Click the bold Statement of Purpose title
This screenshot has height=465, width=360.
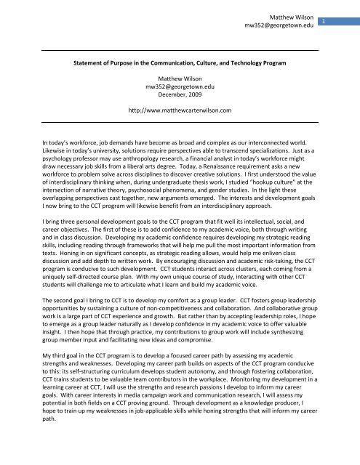point(179,63)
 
